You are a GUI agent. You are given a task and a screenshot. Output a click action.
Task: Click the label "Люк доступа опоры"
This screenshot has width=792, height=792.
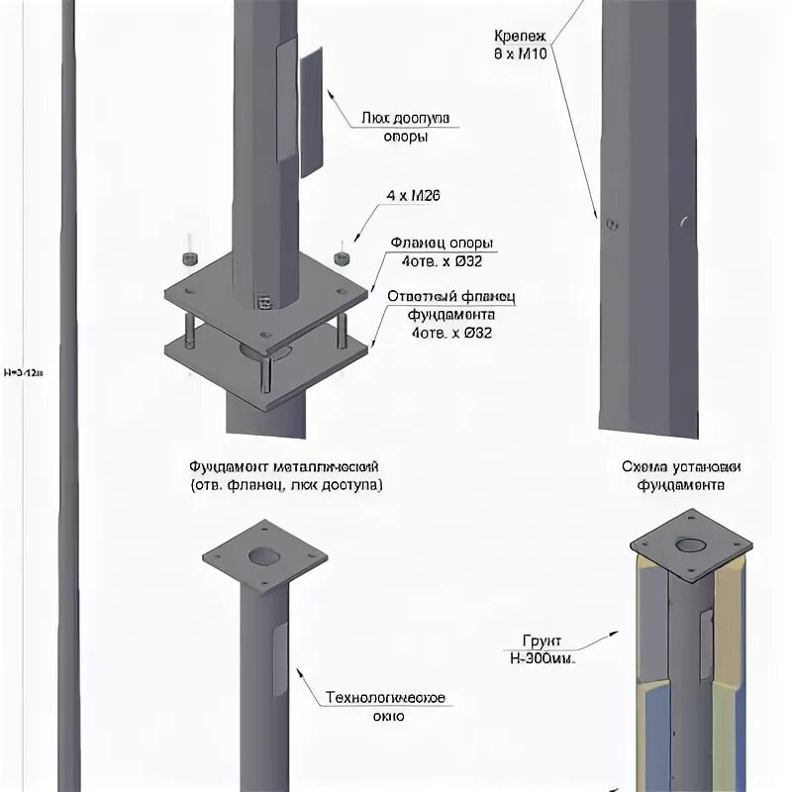pyautogui.click(x=405, y=127)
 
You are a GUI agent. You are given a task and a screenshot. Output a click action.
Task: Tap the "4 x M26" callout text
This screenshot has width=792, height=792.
pyautogui.click(x=415, y=196)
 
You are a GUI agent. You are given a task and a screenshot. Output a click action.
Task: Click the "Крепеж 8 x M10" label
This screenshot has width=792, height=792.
pyautogui.click(x=521, y=43)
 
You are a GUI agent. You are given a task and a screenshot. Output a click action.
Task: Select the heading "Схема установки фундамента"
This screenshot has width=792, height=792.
pyautogui.click(x=682, y=475)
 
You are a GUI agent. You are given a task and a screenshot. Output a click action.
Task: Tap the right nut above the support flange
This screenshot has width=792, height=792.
pyautogui.click(x=343, y=257)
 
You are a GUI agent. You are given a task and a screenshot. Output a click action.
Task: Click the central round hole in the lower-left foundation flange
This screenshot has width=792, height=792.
pyautogui.click(x=262, y=556)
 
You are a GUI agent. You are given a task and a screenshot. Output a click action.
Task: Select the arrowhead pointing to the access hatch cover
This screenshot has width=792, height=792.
pyautogui.click(x=330, y=93)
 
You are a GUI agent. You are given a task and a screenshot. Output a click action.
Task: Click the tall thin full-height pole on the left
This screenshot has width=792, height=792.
pyautogui.click(x=68, y=396)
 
